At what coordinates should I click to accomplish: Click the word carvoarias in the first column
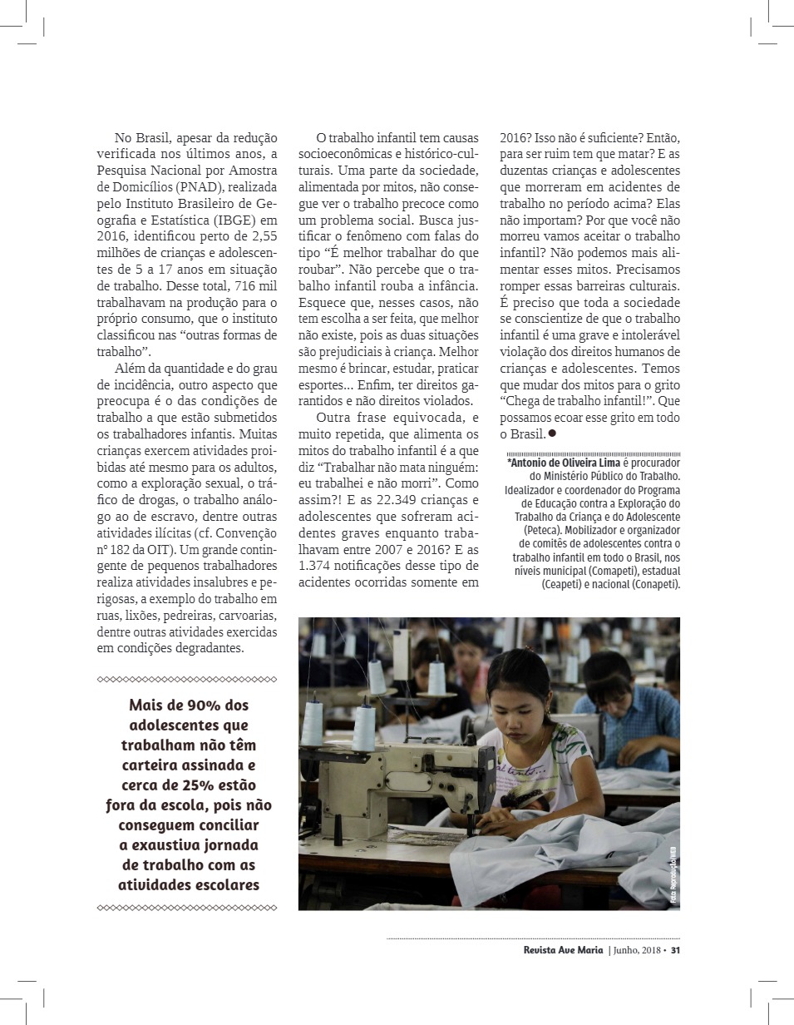(x=248, y=616)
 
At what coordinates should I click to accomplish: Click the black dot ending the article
(x=552, y=433)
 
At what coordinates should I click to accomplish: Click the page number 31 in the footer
(x=676, y=950)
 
